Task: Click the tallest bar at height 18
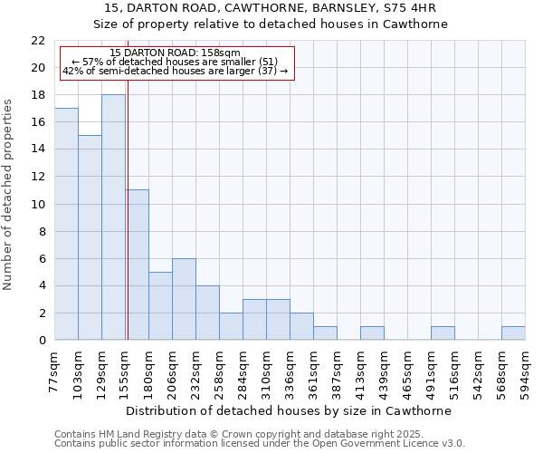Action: point(113,217)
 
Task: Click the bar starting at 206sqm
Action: point(184,299)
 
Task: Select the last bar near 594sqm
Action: point(513,333)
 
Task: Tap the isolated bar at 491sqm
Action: point(443,333)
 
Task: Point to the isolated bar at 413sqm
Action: point(372,333)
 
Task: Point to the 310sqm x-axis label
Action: point(267,370)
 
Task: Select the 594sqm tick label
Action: point(526,370)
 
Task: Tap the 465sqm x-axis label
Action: point(408,370)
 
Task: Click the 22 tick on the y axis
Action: point(38,41)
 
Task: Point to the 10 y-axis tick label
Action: point(38,205)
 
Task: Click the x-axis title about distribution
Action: point(289,410)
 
